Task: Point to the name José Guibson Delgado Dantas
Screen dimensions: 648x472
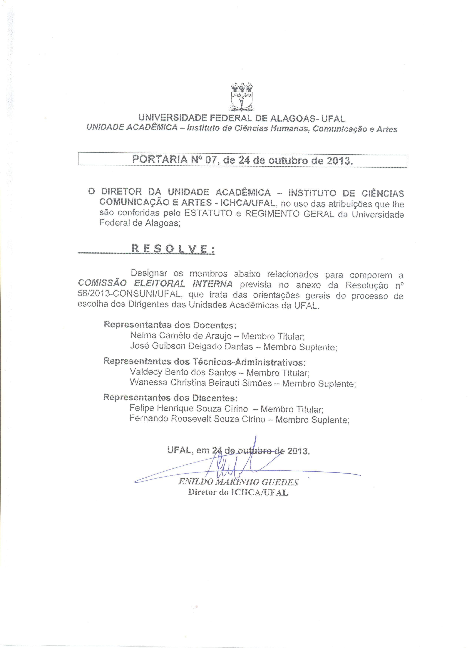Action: coord(191,346)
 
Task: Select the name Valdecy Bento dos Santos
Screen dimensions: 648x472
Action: coord(183,372)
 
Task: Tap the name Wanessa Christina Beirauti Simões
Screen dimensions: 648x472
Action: coord(201,383)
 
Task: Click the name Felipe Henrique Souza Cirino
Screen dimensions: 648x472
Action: coord(189,408)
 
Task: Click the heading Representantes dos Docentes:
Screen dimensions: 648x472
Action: coord(170,325)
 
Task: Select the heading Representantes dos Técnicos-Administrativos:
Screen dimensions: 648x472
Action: coord(205,362)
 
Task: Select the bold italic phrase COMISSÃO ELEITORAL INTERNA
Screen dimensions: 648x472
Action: coord(155,284)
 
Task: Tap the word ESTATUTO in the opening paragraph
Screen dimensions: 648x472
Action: coord(208,213)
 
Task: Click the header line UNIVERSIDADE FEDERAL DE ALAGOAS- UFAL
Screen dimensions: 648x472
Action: coord(242,118)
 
